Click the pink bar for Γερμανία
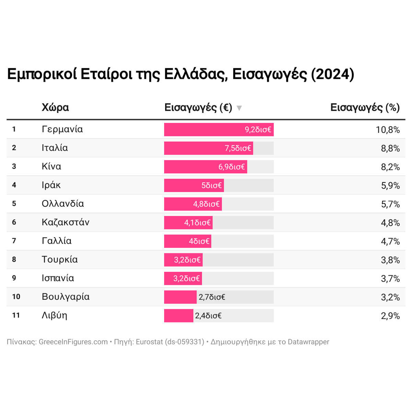pos(219,130)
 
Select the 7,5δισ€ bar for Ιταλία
pos(208,148)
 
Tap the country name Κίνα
pos(51,167)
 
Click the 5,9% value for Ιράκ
pos(390,186)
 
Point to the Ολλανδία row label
pos(63,204)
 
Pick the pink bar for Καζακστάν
pos(188,223)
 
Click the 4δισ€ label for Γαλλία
pos(199,241)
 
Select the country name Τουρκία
pos(60,260)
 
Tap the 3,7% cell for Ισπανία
pos(390,278)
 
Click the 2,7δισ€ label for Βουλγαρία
pos(212,297)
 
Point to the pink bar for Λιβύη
pos(179,316)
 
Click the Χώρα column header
pos(55,107)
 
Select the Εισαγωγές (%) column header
pos(365,107)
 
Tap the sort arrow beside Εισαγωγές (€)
pos(239,108)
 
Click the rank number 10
pos(16,297)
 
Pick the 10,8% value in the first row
pos(388,130)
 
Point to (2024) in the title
pos(332,74)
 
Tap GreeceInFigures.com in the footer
pos(73,342)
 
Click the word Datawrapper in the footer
pos(308,342)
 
